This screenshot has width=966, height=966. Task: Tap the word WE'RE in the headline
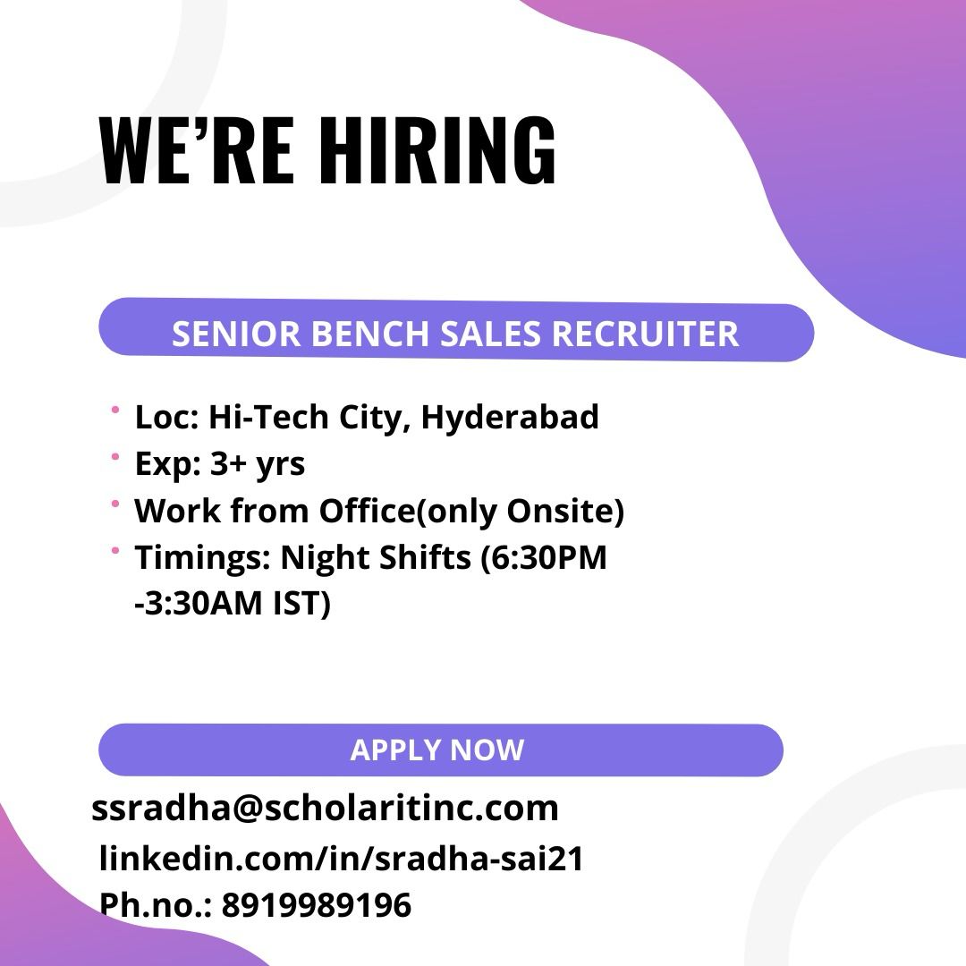pyautogui.click(x=197, y=150)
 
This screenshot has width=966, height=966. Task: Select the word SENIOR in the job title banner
pyautogui.click(x=235, y=334)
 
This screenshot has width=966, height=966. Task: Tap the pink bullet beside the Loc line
pyautogui.click(x=114, y=410)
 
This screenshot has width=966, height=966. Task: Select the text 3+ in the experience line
pyautogui.click(x=227, y=463)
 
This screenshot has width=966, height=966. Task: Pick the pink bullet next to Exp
pyautogui.click(x=114, y=456)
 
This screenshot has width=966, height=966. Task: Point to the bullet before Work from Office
pyautogui.click(x=114, y=504)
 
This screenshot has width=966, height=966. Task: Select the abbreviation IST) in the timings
pyautogui.click(x=302, y=604)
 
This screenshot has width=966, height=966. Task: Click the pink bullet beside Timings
pyautogui.click(x=114, y=550)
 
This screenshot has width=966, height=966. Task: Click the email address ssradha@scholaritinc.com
pyautogui.click(x=325, y=808)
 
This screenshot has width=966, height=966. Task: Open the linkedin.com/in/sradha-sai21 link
pyautogui.click(x=342, y=858)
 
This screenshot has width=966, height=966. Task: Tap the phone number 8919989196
pyautogui.click(x=316, y=905)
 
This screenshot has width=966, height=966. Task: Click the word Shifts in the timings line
pyautogui.click(x=425, y=557)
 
